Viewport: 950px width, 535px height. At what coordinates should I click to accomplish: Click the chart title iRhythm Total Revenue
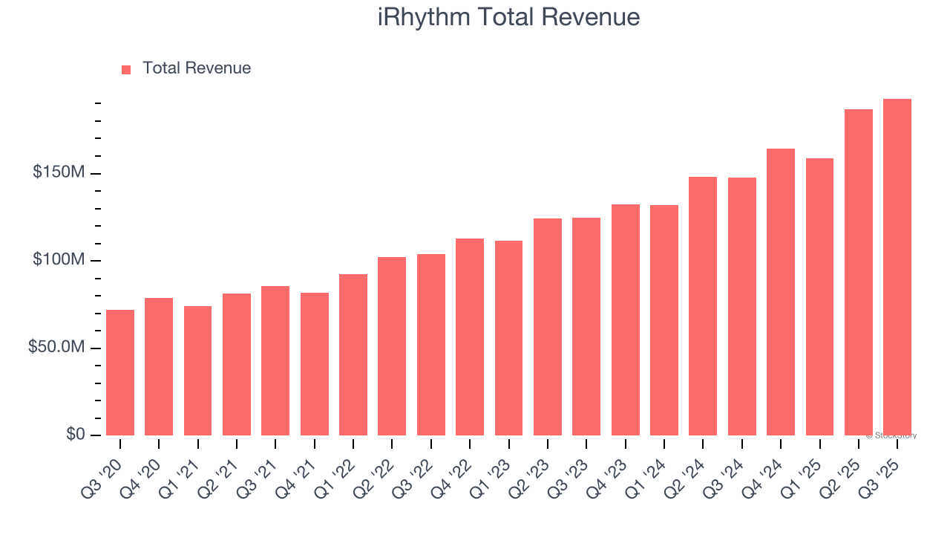(x=508, y=17)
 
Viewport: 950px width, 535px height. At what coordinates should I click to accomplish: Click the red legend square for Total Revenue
(x=126, y=69)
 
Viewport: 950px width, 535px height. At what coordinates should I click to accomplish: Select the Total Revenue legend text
(x=197, y=68)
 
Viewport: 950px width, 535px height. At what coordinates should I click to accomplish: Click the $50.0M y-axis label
(x=57, y=348)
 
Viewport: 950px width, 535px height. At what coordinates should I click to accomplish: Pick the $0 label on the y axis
(x=74, y=434)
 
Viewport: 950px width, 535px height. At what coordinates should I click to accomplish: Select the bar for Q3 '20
(x=120, y=372)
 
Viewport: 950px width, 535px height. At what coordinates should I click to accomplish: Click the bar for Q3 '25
(x=897, y=267)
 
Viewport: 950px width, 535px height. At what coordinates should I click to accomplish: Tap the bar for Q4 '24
(x=781, y=292)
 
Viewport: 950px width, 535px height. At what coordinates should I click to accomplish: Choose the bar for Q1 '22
(x=353, y=354)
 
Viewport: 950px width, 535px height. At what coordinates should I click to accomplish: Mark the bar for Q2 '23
(x=548, y=327)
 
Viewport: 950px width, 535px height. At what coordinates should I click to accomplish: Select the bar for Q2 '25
(x=859, y=272)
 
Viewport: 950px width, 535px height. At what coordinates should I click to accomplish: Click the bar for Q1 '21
(x=197, y=371)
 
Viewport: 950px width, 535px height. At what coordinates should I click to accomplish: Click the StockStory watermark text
(x=891, y=435)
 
